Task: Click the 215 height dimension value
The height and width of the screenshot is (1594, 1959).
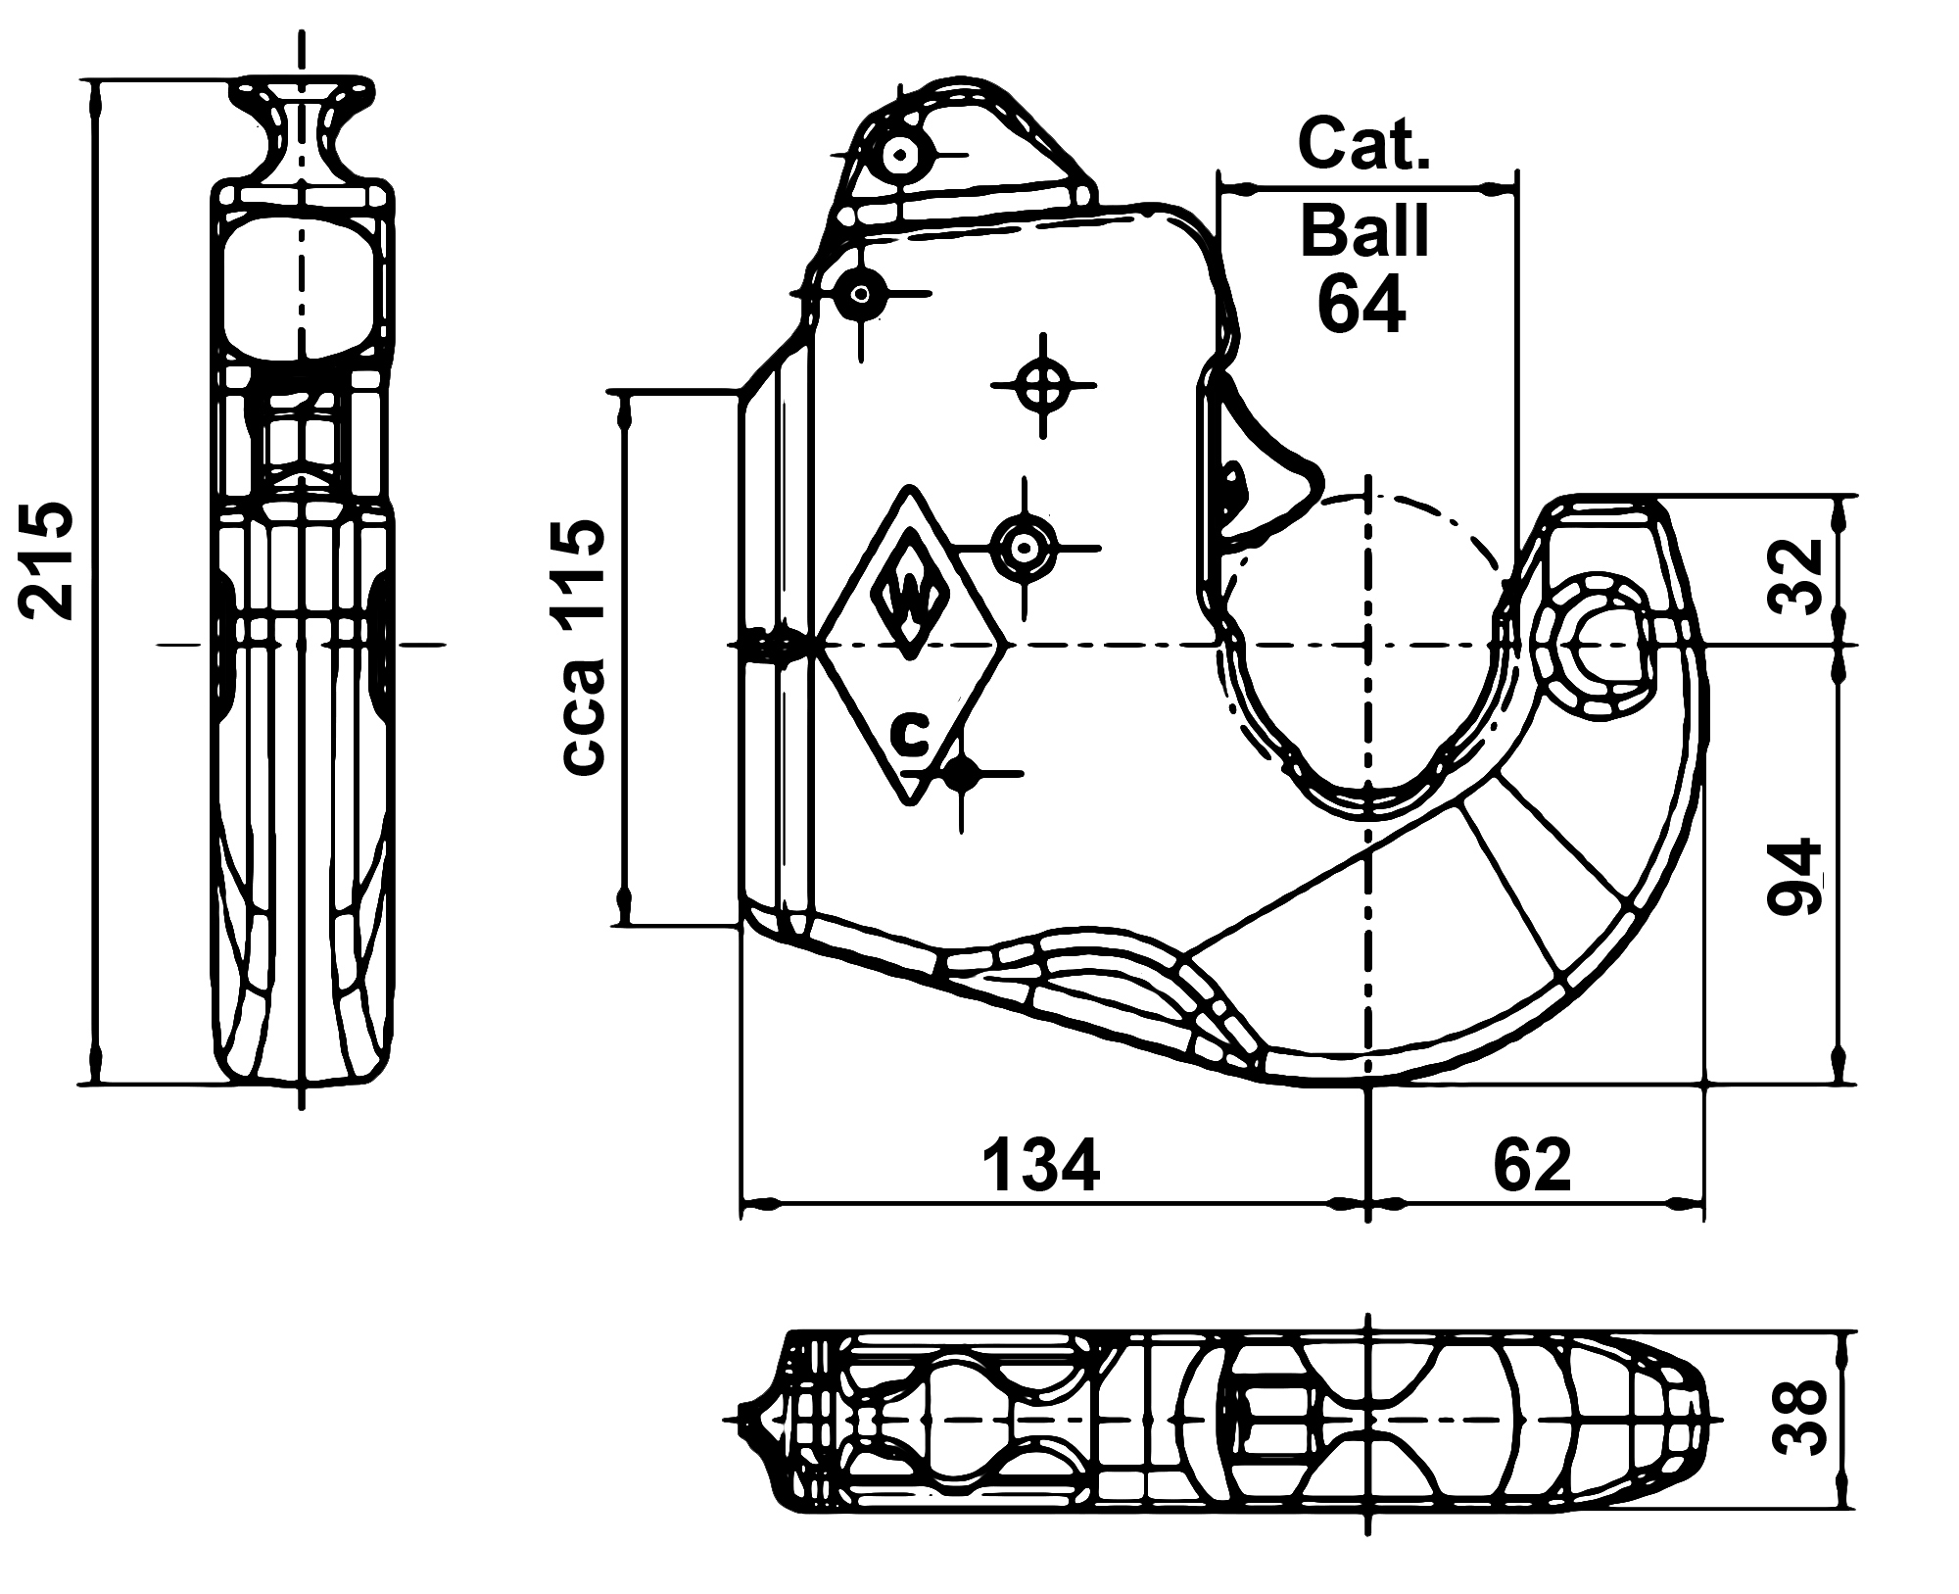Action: click(46, 559)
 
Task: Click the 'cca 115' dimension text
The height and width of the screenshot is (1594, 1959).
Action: click(586, 649)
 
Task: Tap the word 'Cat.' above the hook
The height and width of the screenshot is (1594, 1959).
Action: click(1363, 144)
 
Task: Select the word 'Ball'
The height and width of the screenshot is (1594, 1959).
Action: click(1363, 230)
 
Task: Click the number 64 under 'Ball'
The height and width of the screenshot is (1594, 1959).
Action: click(1362, 304)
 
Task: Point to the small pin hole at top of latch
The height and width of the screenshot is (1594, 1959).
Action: click(898, 154)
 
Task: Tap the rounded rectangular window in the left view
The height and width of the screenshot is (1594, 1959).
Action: click(302, 286)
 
